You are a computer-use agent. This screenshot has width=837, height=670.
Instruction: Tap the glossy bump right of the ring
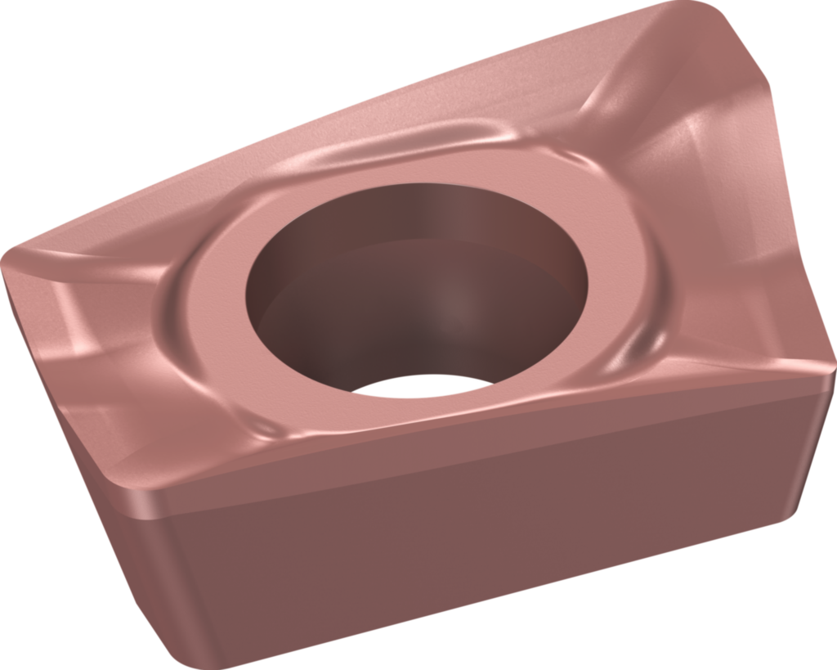point(646,344)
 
